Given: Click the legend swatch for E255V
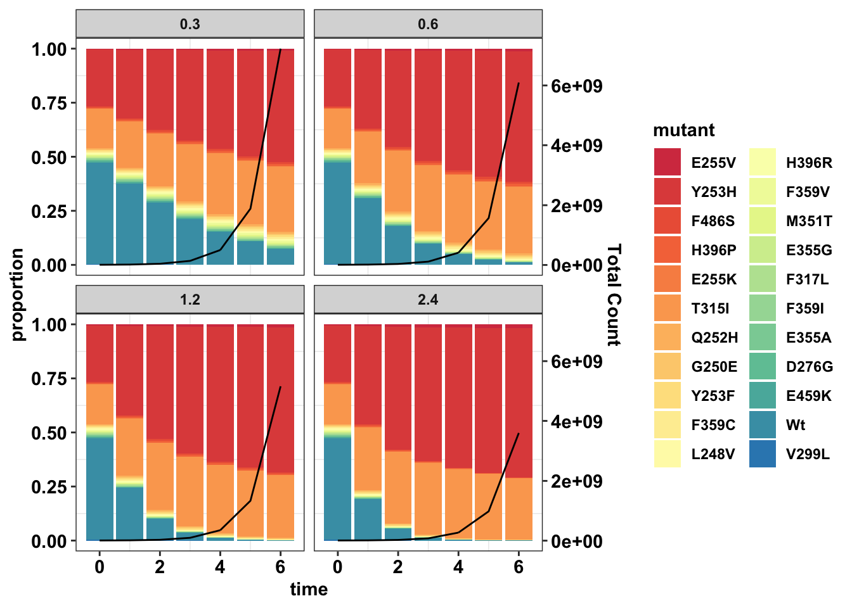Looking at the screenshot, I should (x=668, y=162).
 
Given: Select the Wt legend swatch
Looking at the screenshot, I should (x=762, y=425).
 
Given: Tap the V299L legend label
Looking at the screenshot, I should (x=807, y=454).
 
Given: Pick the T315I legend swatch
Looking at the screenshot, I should (x=668, y=308).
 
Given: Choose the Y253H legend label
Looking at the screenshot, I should (x=713, y=192).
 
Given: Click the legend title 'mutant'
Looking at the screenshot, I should (x=683, y=130).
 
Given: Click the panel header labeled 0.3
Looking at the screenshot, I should (x=190, y=24).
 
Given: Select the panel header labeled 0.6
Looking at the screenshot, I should (x=428, y=24).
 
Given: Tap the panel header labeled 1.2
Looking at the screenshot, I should (x=190, y=300).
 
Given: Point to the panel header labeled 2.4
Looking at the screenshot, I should (x=428, y=300).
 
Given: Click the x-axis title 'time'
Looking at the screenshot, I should (x=309, y=590).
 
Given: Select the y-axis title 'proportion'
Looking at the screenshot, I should (x=17, y=294).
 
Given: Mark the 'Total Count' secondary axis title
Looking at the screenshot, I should (x=613, y=294).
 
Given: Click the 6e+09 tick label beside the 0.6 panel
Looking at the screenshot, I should (x=576, y=86).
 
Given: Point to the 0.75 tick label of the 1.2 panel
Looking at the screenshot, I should (x=49, y=379).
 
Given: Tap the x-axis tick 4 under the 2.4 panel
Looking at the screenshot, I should (x=458, y=567).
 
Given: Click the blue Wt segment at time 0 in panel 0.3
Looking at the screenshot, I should (x=100, y=215).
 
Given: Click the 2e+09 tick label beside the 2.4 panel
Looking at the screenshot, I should (x=576, y=481).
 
